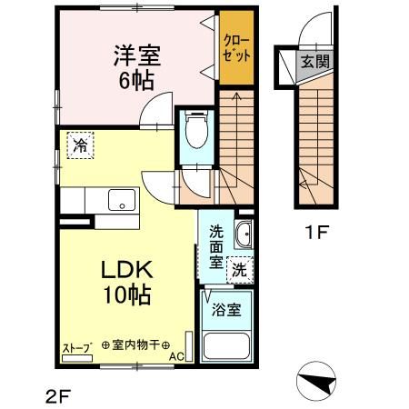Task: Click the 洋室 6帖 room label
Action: (x=137, y=67)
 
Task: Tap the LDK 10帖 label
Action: (x=127, y=283)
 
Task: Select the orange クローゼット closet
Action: (x=236, y=47)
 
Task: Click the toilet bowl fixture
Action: (x=196, y=129)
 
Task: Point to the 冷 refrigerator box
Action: (x=80, y=145)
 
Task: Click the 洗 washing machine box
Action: (x=240, y=270)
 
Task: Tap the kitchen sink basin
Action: (x=122, y=200)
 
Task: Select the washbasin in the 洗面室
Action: (x=244, y=234)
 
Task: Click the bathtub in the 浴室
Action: (x=226, y=346)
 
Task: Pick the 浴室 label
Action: (x=226, y=310)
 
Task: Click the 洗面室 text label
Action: (x=216, y=247)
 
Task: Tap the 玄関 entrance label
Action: (x=315, y=62)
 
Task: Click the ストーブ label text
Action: (x=77, y=348)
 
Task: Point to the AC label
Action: (x=176, y=357)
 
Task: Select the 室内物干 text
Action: (x=136, y=345)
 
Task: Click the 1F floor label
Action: (x=317, y=233)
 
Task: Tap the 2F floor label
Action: (x=58, y=396)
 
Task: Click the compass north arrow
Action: (x=317, y=381)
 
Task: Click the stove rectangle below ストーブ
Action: (x=77, y=358)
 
